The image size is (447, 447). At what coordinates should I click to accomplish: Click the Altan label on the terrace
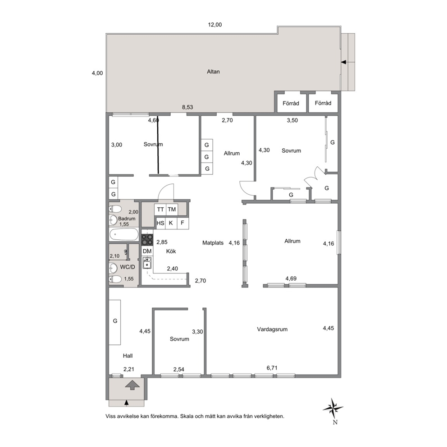click(213, 72)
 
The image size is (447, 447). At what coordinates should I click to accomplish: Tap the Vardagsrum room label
click(272, 329)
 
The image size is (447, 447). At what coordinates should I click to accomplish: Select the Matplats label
click(213, 243)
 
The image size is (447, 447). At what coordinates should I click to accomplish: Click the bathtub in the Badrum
click(124, 235)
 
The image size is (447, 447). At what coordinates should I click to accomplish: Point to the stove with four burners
click(147, 239)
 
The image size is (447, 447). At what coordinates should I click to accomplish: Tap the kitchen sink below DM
click(147, 263)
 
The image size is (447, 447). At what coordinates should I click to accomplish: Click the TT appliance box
click(160, 210)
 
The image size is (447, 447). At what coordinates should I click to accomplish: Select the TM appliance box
click(172, 210)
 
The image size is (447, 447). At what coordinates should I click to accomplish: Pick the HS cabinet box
click(160, 223)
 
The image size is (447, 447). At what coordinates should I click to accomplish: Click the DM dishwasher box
click(147, 251)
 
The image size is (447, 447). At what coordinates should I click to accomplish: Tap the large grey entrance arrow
click(133, 385)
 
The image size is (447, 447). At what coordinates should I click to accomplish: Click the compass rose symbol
click(333, 408)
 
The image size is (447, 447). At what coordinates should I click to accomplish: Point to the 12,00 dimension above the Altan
click(214, 25)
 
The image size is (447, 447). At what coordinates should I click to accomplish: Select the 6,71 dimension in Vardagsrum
click(272, 368)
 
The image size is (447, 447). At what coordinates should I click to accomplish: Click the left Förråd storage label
click(291, 103)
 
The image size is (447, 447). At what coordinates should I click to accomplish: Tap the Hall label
click(128, 356)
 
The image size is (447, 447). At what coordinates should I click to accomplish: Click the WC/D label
click(128, 267)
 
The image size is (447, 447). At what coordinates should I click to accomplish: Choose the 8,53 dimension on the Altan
click(187, 107)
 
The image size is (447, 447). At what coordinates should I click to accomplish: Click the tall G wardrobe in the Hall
click(115, 322)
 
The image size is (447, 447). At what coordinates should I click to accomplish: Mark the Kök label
click(171, 251)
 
